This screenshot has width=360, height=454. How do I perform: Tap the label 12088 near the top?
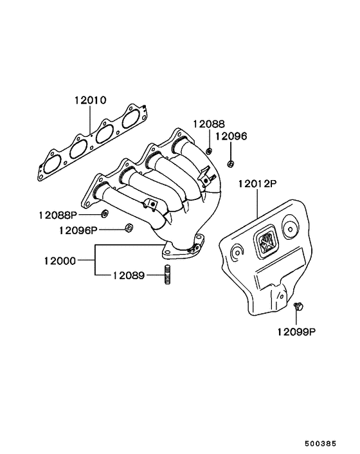click(x=210, y=123)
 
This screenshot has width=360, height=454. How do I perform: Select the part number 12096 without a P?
click(x=231, y=136)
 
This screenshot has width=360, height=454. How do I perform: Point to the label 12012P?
click(x=257, y=184)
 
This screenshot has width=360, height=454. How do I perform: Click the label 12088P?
click(x=57, y=214)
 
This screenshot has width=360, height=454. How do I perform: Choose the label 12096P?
click(x=78, y=230)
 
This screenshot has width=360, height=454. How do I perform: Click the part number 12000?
click(x=60, y=261)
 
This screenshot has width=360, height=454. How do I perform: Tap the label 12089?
click(x=128, y=276)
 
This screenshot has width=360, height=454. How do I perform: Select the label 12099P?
click(x=297, y=332)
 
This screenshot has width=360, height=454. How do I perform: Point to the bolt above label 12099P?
click(x=298, y=307)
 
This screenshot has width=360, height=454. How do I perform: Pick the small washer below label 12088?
click(x=209, y=150)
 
